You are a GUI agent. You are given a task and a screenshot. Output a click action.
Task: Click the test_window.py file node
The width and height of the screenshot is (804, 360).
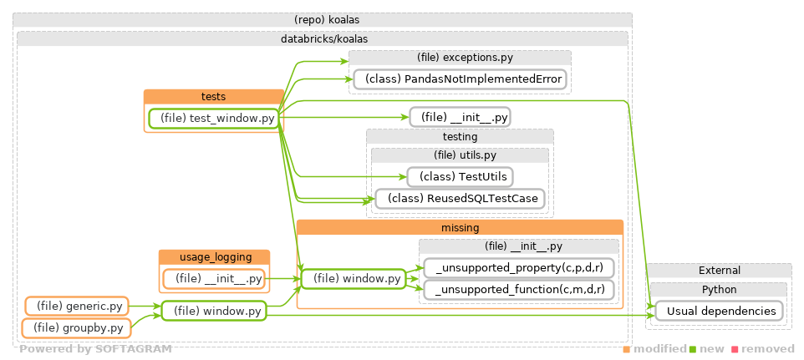pos(213,119)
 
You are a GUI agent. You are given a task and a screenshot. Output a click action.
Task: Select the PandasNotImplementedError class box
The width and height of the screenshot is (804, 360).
pos(460,79)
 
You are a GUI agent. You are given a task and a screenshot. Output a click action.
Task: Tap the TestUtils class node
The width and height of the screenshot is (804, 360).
pos(460,176)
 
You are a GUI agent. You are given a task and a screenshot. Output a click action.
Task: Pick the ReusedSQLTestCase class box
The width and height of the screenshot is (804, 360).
pos(460,199)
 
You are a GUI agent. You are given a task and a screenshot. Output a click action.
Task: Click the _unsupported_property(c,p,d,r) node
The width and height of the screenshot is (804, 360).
pos(519,267)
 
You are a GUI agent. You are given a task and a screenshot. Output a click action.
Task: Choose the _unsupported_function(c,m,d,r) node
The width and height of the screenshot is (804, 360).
pos(519,289)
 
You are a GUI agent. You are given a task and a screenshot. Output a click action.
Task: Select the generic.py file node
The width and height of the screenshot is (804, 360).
pos(77,307)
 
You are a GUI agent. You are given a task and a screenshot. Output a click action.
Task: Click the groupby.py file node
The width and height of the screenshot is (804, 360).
pos(77,328)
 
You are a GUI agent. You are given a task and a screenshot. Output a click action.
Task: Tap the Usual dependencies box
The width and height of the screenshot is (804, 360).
pos(719,311)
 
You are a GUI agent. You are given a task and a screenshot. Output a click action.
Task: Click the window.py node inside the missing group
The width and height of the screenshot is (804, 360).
pos(353,278)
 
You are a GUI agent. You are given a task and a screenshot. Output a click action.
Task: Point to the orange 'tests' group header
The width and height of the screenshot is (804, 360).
pos(213,96)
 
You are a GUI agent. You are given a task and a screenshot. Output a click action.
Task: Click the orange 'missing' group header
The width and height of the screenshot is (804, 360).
pos(460,227)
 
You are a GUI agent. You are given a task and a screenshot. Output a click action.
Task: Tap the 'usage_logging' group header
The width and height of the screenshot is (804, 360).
pos(214,256)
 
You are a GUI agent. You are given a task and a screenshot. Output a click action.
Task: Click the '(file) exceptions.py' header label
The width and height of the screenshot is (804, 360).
pos(460,57)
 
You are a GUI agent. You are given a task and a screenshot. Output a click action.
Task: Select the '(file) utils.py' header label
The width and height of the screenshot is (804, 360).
pos(460,155)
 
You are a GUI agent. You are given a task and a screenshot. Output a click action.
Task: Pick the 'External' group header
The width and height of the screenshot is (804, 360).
pos(719,271)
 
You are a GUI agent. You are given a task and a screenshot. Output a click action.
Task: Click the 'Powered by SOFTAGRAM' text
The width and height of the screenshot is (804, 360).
pos(95,349)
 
